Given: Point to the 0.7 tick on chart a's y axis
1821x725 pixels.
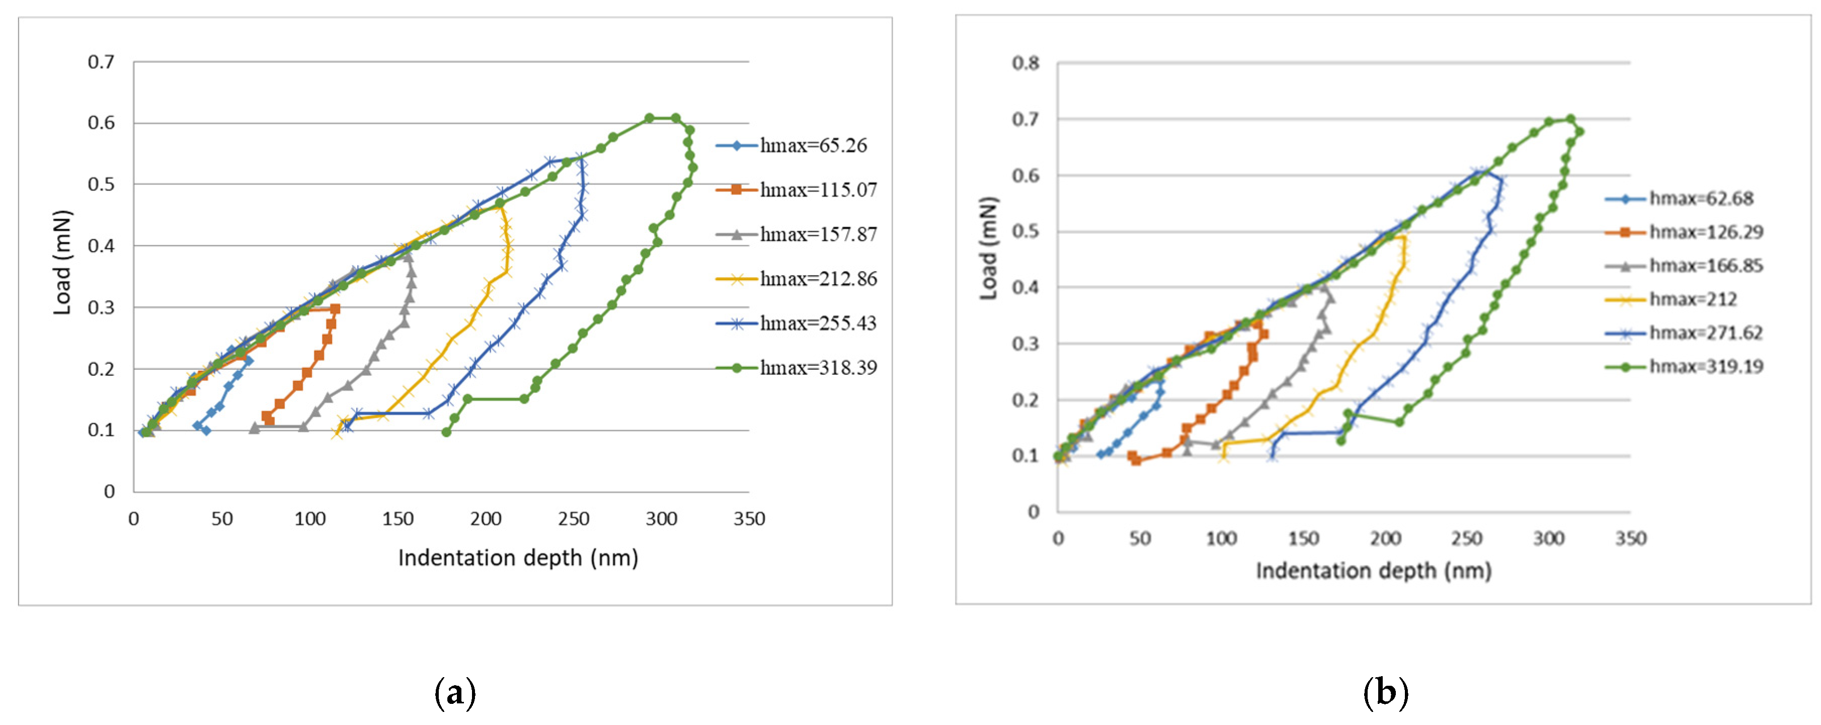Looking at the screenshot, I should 101,62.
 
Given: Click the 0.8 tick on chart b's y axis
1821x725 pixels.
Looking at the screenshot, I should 1025,63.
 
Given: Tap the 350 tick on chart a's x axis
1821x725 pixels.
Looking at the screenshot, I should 749,519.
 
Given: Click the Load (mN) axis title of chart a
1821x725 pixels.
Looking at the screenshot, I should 62,262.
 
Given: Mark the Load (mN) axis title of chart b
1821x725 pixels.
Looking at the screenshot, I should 988,249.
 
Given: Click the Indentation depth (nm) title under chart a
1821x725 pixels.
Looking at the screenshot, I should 518,558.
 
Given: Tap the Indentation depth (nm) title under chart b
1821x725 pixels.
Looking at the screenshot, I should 1374,571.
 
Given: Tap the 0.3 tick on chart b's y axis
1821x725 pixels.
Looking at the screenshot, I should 1025,344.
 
